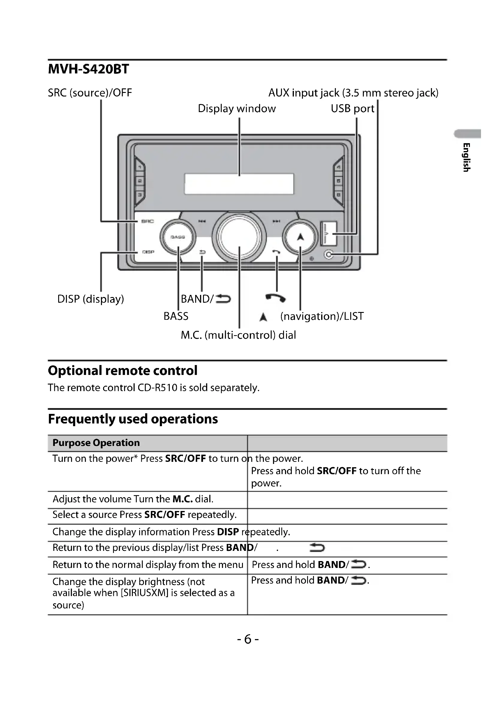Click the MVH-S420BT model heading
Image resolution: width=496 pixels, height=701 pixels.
point(88,69)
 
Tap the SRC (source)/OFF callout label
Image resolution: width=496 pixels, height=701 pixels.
point(90,93)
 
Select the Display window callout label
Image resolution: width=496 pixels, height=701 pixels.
point(237,108)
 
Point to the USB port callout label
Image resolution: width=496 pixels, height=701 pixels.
point(352,108)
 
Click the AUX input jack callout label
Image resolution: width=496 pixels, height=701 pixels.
point(353,93)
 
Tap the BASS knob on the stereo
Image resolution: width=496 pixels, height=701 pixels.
point(178,237)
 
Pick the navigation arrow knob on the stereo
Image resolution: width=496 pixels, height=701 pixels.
point(300,237)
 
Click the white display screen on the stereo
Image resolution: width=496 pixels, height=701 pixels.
point(239,184)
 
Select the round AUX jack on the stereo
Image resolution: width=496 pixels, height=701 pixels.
point(329,254)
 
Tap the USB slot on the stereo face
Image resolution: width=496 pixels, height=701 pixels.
point(328,233)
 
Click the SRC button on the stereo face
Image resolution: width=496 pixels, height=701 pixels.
point(148,221)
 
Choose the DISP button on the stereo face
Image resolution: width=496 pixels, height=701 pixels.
point(148,252)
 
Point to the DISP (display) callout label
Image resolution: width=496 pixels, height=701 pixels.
point(91,299)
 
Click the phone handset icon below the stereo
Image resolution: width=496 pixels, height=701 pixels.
point(276,298)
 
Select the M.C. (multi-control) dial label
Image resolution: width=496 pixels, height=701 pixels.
point(238,335)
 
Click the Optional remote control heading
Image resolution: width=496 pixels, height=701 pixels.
point(122,371)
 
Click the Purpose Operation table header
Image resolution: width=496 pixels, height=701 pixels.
point(96,443)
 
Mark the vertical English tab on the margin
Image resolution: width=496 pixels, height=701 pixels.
point(466,157)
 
